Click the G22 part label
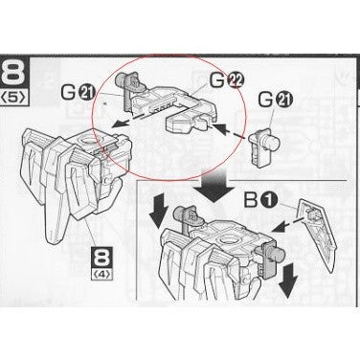click(227, 80)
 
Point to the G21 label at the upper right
click(275, 100)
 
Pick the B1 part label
click(259, 201)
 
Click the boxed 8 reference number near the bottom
click(102, 259)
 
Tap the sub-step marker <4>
click(102, 275)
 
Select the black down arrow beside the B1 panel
click(288, 281)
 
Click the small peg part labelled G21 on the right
click(263, 147)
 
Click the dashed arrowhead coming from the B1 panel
click(278, 228)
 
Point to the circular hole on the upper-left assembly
click(93, 141)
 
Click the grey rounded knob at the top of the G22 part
click(125, 78)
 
